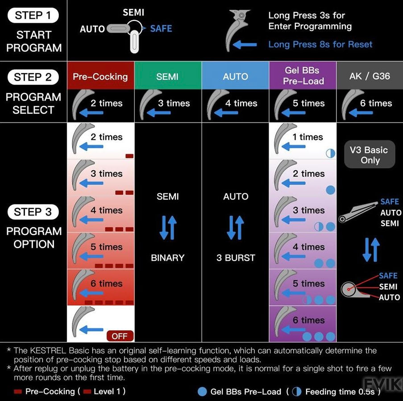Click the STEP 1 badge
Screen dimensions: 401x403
pos(33,15)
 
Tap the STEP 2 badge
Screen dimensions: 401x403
pos(33,77)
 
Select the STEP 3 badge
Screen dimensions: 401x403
pos(33,212)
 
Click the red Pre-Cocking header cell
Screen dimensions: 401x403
pos(100,76)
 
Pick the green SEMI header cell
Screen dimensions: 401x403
pos(168,76)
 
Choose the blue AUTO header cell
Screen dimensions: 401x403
pos(235,76)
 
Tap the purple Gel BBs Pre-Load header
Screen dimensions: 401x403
pos(303,76)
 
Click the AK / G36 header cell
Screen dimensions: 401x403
pos(370,76)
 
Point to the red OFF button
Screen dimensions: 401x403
pos(120,336)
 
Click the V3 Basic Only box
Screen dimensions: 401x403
pos(370,155)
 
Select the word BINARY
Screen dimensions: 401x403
pos(168,258)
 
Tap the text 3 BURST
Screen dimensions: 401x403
pos(236,258)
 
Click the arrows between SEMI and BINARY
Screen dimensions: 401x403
pos(168,227)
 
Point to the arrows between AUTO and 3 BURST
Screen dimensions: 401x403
pos(235,227)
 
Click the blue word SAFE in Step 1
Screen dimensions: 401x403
pos(161,29)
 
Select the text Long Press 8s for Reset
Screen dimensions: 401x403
pos(320,45)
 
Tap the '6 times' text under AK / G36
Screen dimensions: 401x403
pos(376,103)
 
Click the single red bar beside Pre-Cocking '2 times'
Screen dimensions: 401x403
pos(129,156)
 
